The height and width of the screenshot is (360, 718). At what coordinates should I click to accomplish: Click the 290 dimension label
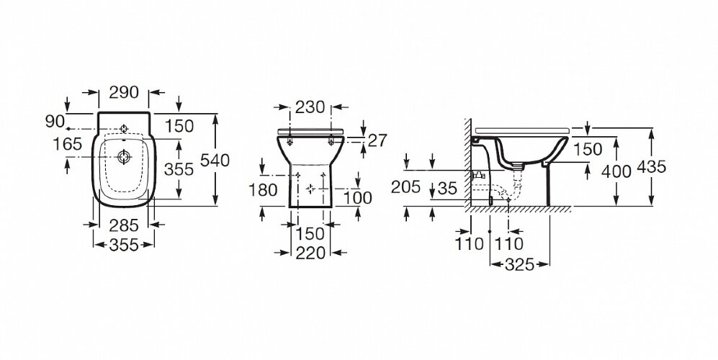tap(124, 92)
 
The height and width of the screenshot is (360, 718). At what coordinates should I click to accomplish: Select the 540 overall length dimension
tap(215, 161)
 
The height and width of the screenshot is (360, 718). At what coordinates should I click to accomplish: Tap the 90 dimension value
tap(55, 122)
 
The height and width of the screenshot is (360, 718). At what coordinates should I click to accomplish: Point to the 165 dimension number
tap(67, 144)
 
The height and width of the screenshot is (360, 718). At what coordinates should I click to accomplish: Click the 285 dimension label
tap(124, 225)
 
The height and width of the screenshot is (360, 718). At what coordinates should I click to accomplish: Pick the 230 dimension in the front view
tap(310, 107)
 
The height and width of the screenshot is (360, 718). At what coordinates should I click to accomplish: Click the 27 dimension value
tap(378, 140)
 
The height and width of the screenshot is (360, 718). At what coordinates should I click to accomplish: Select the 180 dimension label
tap(263, 189)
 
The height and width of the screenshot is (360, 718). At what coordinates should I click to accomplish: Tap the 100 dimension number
tap(358, 198)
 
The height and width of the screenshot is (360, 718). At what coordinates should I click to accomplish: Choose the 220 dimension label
tap(310, 253)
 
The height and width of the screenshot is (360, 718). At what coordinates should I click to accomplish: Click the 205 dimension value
tap(405, 187)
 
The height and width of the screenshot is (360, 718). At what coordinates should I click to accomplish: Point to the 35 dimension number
tap(447, 188)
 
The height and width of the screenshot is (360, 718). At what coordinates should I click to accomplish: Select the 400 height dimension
tap(616, 171)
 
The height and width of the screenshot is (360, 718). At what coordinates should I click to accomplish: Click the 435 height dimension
tap(652, 167)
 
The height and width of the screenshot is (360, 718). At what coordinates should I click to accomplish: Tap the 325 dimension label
tap(520, 264)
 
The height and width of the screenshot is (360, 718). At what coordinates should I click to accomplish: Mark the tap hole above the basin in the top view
tap(124, 128)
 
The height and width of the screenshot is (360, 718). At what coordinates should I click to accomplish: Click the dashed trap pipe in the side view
tap(499, 187)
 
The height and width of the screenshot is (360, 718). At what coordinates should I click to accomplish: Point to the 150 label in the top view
tap(179, 126)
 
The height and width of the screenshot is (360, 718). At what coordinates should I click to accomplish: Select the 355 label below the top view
tap(124, 245)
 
